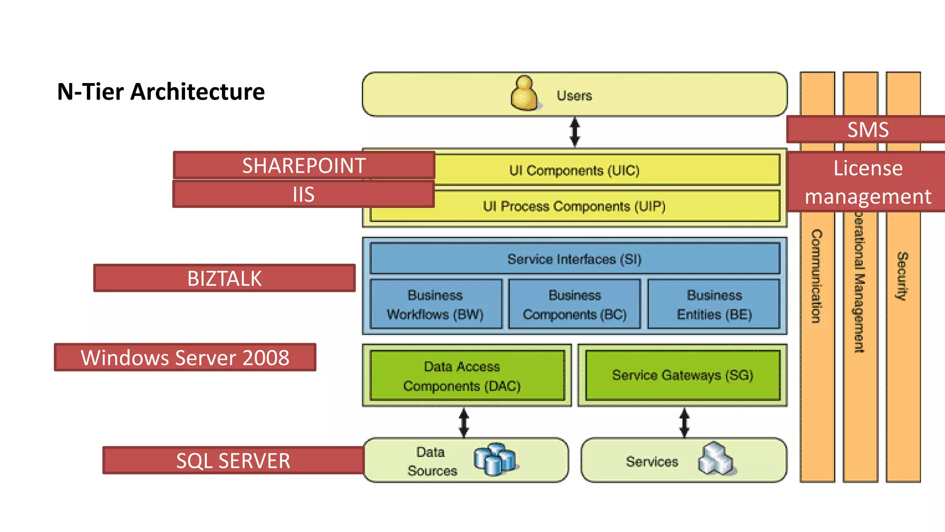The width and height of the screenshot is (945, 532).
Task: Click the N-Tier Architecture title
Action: (161, 91)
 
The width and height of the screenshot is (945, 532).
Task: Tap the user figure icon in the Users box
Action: (524, 94)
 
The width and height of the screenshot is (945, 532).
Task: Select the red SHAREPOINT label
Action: (304, 165)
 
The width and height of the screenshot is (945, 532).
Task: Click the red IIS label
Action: (303, 194)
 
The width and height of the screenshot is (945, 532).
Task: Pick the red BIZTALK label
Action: (224, 278)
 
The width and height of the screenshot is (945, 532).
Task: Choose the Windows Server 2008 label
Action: (185, 357)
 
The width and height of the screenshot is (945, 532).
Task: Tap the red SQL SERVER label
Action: (233, 460)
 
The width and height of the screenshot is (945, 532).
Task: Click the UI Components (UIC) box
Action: (600, 170)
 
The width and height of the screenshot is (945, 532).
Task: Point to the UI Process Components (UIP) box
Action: (600, 206)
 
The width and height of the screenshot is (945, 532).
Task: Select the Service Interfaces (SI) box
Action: (574, 259)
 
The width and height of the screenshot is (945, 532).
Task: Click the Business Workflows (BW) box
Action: (436, 304)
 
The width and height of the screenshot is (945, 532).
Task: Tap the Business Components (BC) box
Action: (574, 304)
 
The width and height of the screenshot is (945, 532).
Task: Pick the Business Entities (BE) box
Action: (714, 304)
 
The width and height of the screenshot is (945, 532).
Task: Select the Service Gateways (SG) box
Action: (682, 375)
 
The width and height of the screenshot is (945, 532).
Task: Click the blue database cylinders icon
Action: (494, 459)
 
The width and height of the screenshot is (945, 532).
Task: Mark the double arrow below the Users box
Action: (574, 132)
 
